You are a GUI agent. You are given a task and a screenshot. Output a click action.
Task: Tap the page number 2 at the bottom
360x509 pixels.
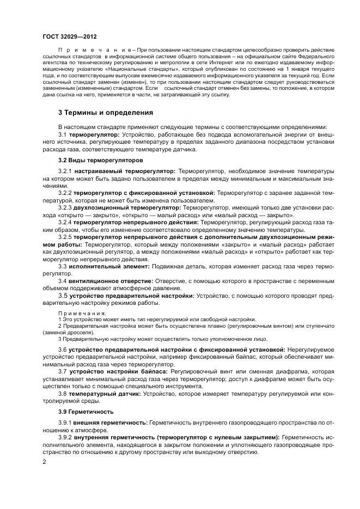click(44, 461)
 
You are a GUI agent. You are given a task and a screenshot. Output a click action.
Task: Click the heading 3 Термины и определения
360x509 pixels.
click(101, 113)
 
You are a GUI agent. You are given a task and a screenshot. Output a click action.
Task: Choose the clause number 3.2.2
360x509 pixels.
click(65, 193)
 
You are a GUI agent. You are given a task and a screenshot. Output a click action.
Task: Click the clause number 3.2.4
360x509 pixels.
click(65, 222)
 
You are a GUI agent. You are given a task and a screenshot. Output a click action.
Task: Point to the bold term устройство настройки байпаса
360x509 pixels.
click(111, 371)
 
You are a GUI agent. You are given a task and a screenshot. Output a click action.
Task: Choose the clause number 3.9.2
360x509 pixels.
click(65, 437)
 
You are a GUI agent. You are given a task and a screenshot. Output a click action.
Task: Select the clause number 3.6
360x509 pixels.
click(62, 349)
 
